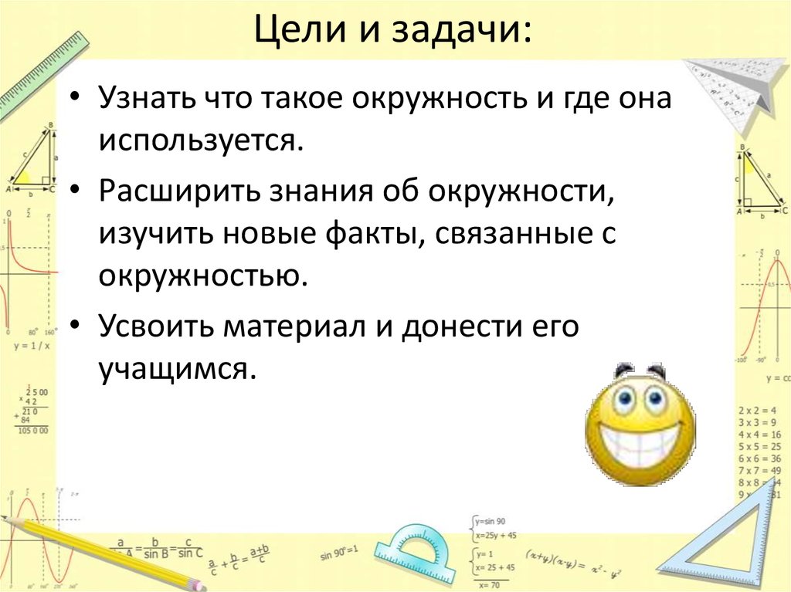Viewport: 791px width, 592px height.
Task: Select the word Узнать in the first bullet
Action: [144, 100]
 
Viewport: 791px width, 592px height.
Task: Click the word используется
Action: [198, 141]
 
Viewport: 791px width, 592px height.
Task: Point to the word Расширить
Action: [171, 191]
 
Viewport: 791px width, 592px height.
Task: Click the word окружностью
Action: [198, 274]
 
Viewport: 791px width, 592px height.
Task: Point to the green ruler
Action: [39, 73]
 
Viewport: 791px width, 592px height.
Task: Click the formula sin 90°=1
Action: [339, 553]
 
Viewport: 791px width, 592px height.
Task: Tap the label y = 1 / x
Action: [32, 344]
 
